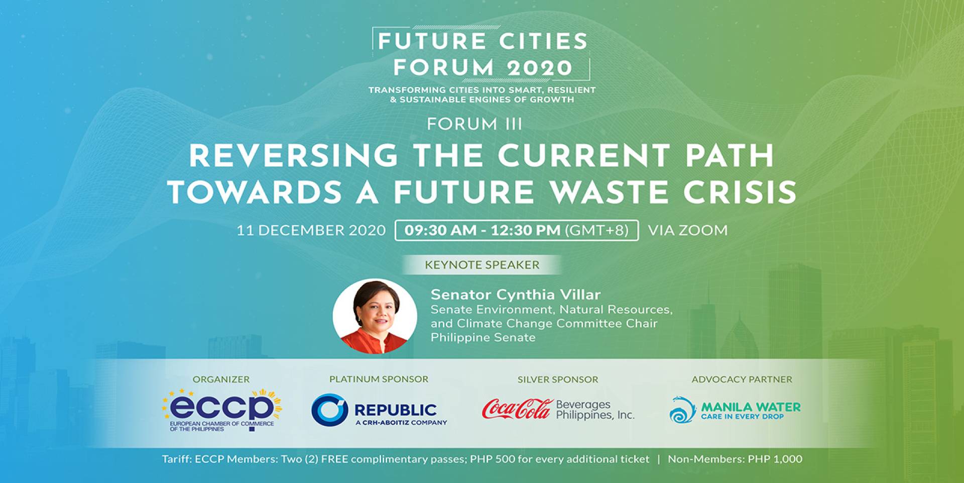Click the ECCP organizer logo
221,410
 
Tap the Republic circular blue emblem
330,410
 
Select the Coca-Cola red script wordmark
517,409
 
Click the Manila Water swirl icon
682,410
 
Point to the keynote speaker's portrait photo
375,316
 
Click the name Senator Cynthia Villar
516,295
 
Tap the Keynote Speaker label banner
482,265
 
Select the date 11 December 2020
311,230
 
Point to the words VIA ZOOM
687,230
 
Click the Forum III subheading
474,124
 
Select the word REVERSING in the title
294,156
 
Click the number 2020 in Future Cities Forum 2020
540,68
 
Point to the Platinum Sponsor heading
379,379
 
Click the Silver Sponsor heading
558,379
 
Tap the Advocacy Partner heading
742,379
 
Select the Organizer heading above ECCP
221,379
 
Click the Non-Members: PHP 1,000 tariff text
735,459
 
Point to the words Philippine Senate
483,337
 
